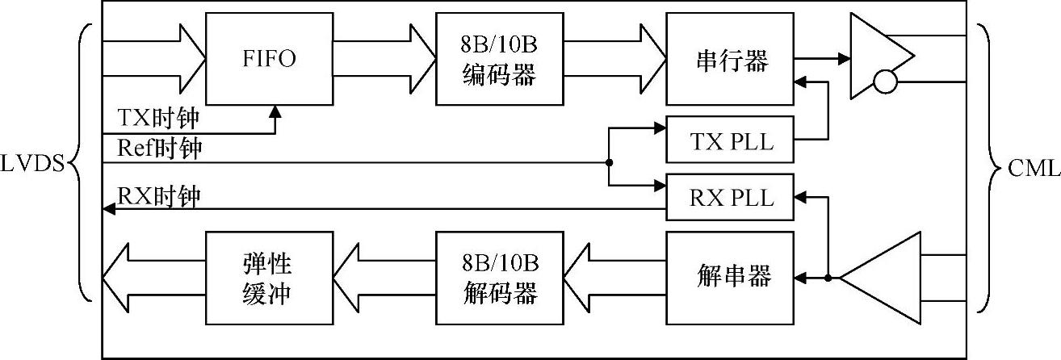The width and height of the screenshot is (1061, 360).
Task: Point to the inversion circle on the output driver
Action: (885, 82)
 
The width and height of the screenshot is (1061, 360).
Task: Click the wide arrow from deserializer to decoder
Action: (614, 278)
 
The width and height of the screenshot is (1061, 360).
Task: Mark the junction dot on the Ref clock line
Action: (609, 162)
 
